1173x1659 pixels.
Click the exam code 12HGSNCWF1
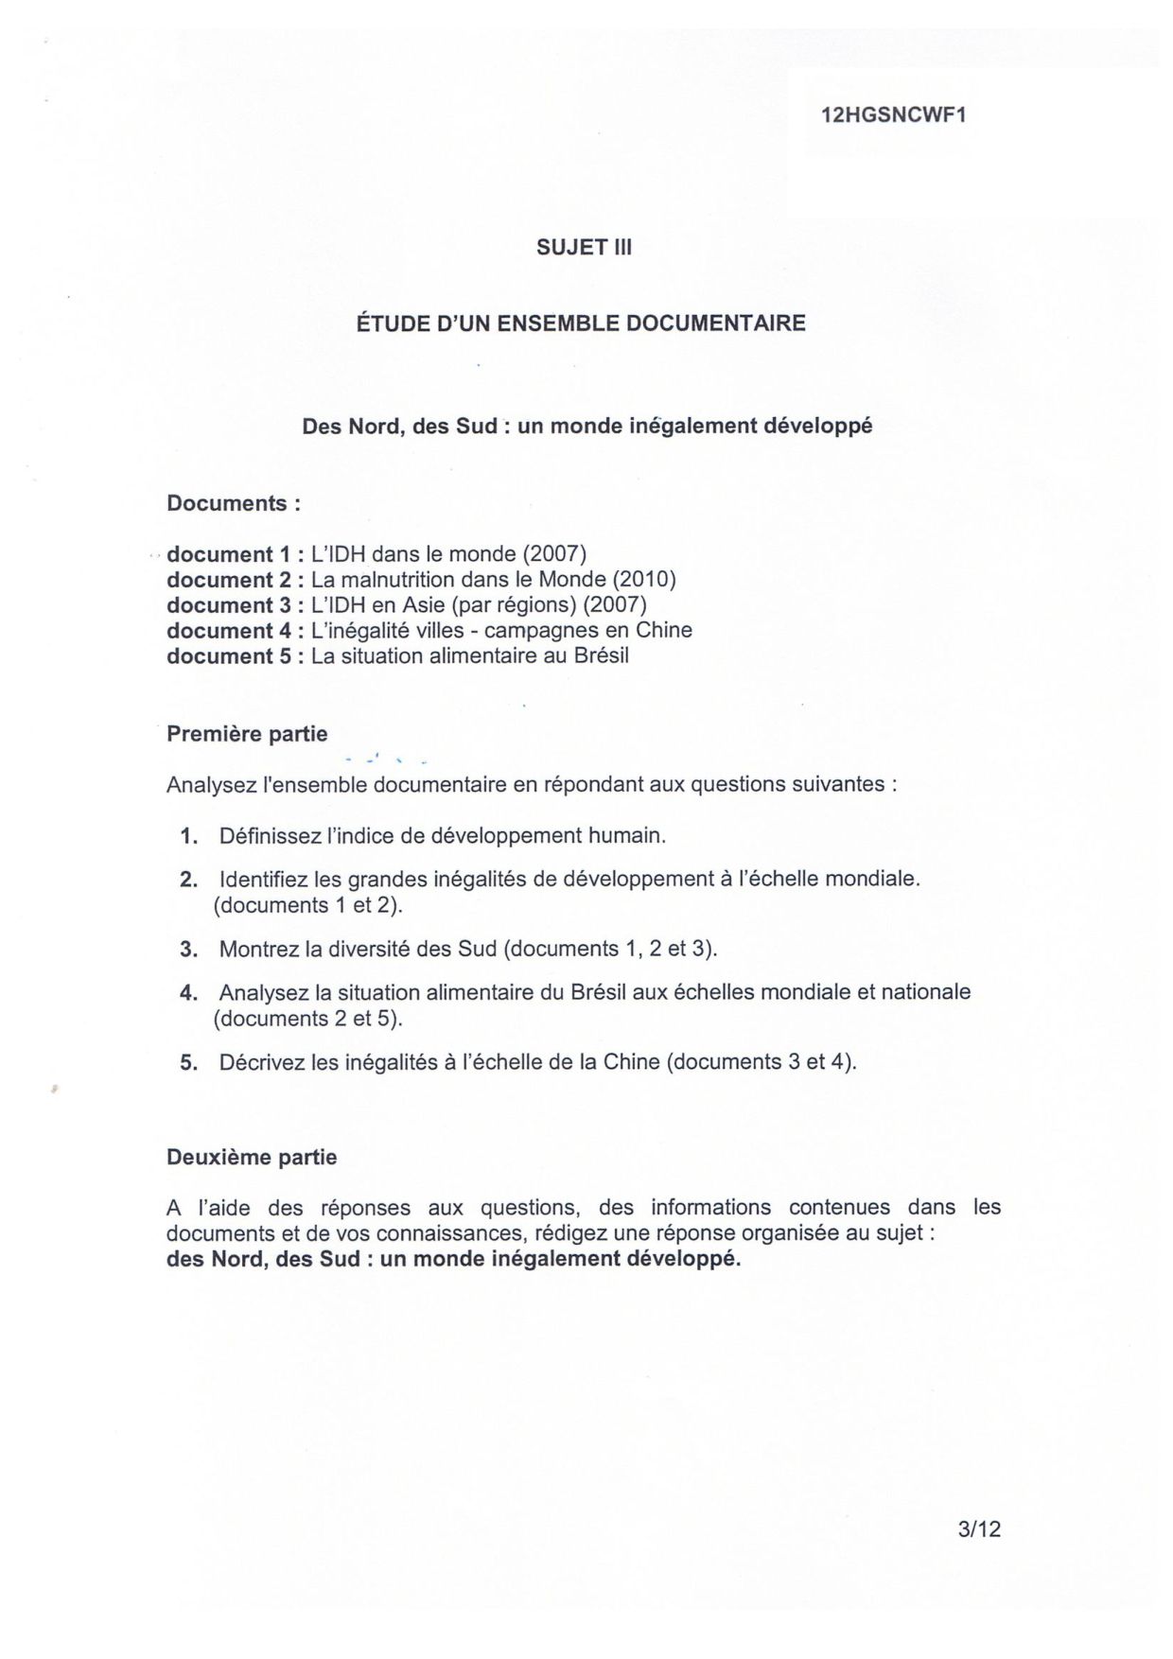tap(893, 115)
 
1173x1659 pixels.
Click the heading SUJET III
tap(584, 248)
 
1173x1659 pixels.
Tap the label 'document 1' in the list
tap(227, 554)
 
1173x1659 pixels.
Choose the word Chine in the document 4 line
tap(659, 630)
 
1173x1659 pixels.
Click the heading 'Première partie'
tap(247, 734)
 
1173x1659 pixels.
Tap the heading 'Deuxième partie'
tap(252, 1157)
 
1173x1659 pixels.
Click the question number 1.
tap(188, 836)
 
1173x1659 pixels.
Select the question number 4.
tap(188, 993)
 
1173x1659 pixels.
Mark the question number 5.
tap(188, 1062)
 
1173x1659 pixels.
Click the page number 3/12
tap(979, 1529)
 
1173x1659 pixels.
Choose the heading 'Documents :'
tap(233, 503)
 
